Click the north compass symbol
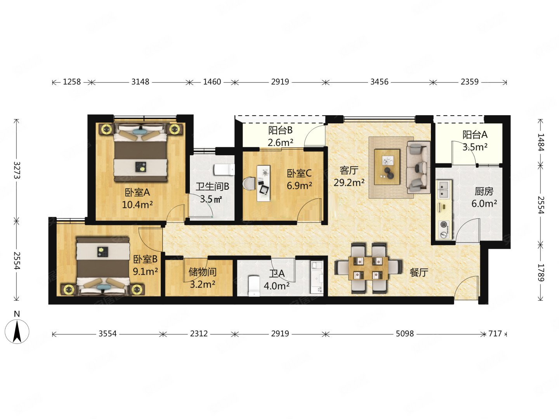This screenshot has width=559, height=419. tap(17, 331)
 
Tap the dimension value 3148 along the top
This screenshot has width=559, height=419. tap(140, 82)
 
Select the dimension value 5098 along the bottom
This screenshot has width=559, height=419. tap(404, 333)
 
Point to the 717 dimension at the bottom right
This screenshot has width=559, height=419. tap(495, 333)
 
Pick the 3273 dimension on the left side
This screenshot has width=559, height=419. tap(17, 170)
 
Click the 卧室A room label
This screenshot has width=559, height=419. tap(137, 192)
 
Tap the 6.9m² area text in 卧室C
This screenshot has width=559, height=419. tap(299, 186)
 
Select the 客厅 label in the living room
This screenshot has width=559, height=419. tap(349, 170)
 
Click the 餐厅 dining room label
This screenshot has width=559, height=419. tap(419, 273)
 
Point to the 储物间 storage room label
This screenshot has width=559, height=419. tap(203, 272)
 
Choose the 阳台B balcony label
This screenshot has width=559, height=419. tap(280, 130)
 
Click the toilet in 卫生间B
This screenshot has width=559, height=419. tap(224, 170)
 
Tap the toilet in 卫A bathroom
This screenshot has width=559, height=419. tap(254, 286)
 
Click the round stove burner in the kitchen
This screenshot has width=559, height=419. tap(444, 224)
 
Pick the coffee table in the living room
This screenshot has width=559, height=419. tap(387, 167)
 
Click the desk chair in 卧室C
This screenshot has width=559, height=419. tap(249, 184)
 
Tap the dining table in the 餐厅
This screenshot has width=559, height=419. tap(368, 268)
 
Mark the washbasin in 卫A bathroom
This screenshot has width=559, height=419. tap(317, 277)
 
